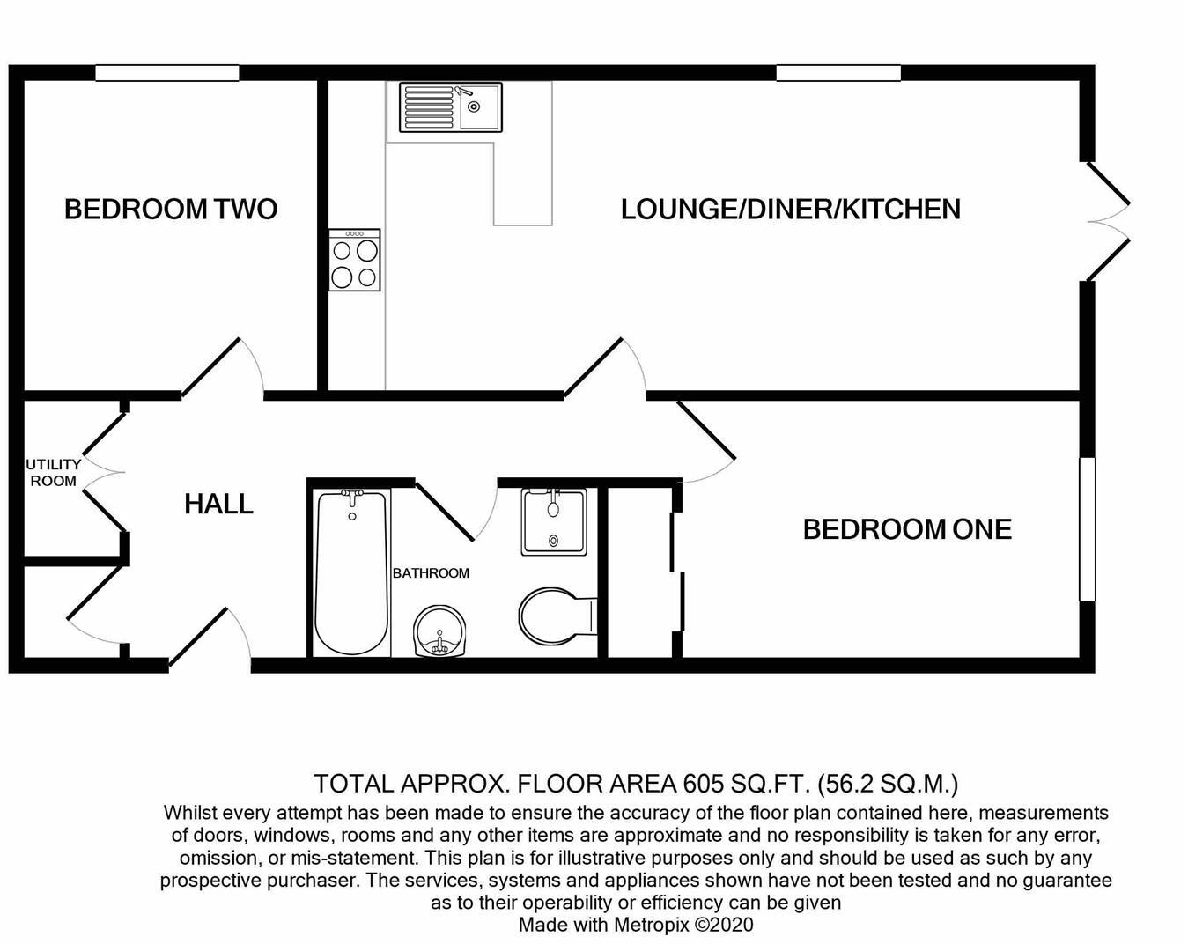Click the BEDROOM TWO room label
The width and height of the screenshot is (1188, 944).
[171, 210]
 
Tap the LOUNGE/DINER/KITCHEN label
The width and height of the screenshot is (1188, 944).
[791, 210]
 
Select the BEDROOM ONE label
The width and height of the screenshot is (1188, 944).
[907, 529]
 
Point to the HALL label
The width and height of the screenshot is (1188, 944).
[218, 504]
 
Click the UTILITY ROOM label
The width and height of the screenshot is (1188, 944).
[54, 473]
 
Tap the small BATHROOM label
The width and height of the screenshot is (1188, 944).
[431, 573]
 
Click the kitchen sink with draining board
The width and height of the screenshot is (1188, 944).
[451, 107]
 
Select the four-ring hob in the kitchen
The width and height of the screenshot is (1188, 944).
[354, 260]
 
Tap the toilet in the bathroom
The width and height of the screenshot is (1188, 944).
[557, 615]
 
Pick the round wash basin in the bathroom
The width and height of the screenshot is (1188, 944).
[439, 632]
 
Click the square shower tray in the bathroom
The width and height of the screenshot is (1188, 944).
[553, 521]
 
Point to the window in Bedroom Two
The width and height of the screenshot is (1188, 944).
[167, 73]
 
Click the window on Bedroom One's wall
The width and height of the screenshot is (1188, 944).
[1088, 529]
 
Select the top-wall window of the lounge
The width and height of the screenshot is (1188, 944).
[838, 73]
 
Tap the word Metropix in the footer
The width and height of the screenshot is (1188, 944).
[652, 925]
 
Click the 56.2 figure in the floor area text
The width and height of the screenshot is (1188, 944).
[844, 784]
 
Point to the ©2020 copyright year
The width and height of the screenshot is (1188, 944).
[724, 925]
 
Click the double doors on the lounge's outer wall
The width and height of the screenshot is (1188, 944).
[1109, 222]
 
